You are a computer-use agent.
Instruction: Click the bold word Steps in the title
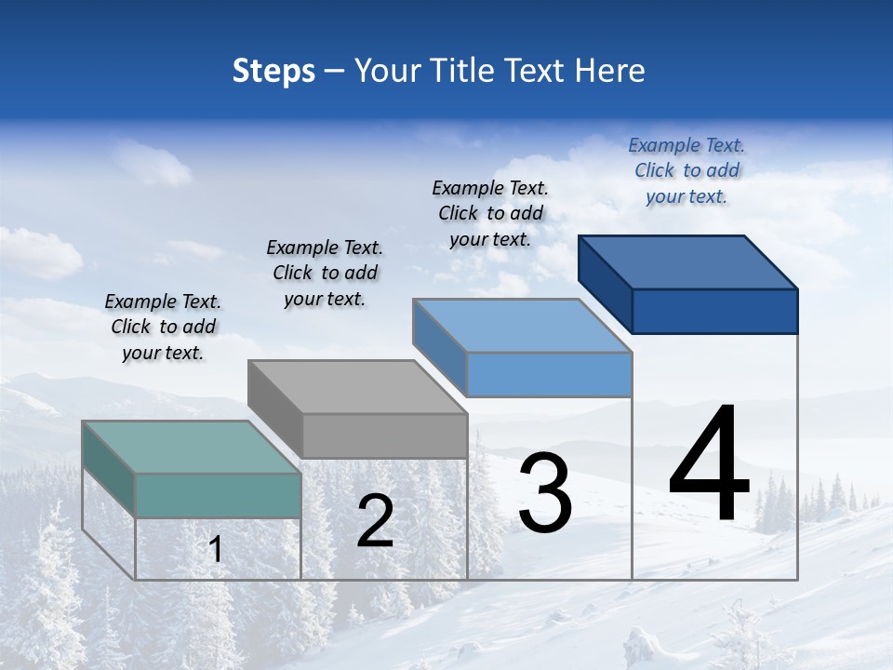point(273,71)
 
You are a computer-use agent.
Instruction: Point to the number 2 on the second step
point(375,521)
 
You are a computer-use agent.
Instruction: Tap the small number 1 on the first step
point(216,550)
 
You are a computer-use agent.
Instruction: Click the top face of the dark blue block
point(688,261)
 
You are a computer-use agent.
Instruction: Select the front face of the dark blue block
point(714,311)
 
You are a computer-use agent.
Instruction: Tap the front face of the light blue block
point(549,374)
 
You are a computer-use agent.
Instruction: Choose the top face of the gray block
point(357,386)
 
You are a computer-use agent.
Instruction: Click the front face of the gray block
point(384,435)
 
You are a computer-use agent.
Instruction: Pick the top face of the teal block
point(192,447)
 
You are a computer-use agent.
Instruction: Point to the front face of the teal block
point(218,495)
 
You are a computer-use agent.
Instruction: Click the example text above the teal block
point(163,327)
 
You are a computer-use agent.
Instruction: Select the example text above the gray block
point(325,273)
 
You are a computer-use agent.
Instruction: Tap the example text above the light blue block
point(490,213)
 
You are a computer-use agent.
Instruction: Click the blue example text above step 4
point(686,170)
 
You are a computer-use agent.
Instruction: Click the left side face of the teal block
point(108,470)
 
